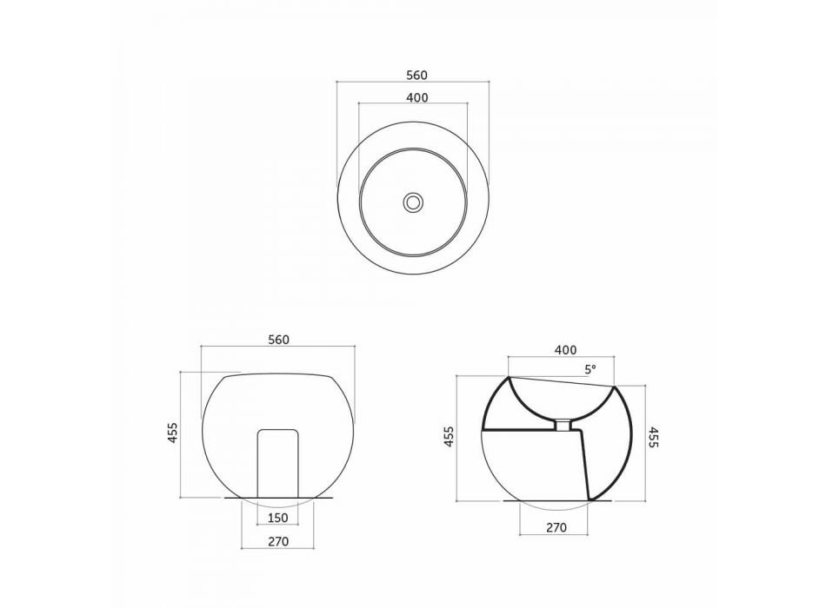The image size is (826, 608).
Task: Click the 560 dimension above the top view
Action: tap(416, 76)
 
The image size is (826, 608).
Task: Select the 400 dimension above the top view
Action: tap(417, 97)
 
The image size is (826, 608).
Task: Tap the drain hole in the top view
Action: tap(413, 202)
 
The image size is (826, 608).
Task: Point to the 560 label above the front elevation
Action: tap(279, 340)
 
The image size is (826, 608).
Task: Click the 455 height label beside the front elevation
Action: tap(173, 433)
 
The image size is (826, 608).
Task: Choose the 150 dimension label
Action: tap(277, 518)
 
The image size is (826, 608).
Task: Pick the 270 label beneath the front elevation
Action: tap(278, 541)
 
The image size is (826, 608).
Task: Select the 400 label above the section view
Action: tap(566, 350)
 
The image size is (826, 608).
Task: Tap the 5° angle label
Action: tap(590, 369)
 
